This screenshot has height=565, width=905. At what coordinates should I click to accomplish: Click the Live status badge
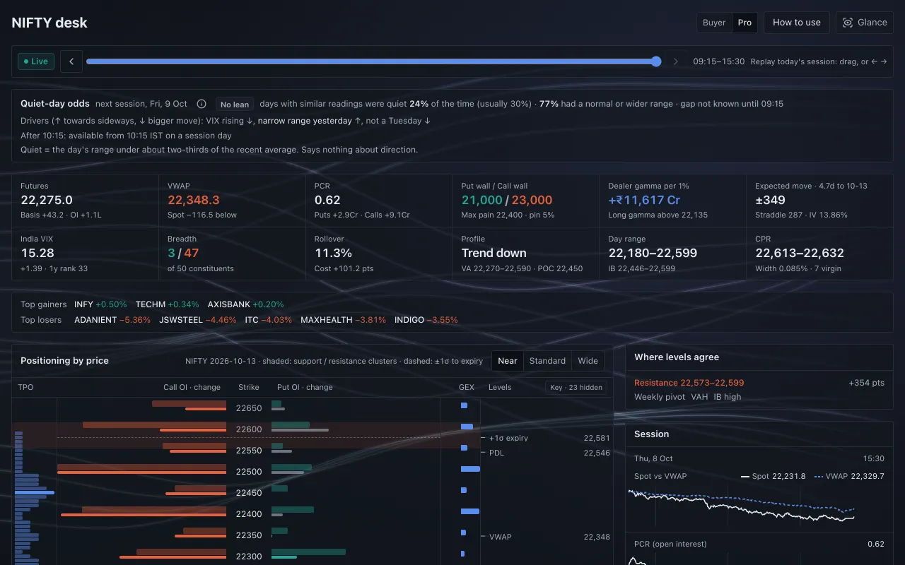[x=36, y=61]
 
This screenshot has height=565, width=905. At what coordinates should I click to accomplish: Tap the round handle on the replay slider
[x=656, y=61]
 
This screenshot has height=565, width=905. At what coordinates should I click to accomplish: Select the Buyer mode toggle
[x=714, y=23]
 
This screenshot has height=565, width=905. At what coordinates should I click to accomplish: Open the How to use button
[x=796, y=23]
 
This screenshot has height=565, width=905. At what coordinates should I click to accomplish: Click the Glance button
[x=865, y=23]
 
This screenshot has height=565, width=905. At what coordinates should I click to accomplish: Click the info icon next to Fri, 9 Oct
[x=202, y=104]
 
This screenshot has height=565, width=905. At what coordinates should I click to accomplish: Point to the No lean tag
[x=234, y=104]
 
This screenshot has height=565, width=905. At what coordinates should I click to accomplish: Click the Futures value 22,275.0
[x=47, y=200]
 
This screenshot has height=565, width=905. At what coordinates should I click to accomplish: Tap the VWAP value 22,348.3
[x=194, y=200]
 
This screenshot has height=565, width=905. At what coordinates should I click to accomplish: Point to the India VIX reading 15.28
[x=37, y=253]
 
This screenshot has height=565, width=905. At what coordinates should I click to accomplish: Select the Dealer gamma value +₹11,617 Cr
[x=644, y=200]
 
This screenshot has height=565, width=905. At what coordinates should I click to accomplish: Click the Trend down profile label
[x=494, y=253]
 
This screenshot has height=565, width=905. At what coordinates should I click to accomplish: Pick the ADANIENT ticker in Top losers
[x=95, y=320]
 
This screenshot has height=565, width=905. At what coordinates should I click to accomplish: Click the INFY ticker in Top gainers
[x=83, y=304]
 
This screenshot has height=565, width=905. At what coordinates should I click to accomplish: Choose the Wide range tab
[x=588, y=361]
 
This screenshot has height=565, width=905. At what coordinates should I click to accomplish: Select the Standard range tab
[x=547, y=361]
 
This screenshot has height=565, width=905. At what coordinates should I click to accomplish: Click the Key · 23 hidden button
[x=576, y=388]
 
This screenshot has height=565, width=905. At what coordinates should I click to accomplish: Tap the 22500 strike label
[x=249, y=471]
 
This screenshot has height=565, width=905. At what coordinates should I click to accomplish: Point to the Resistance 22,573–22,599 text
[x=689, y=383]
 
